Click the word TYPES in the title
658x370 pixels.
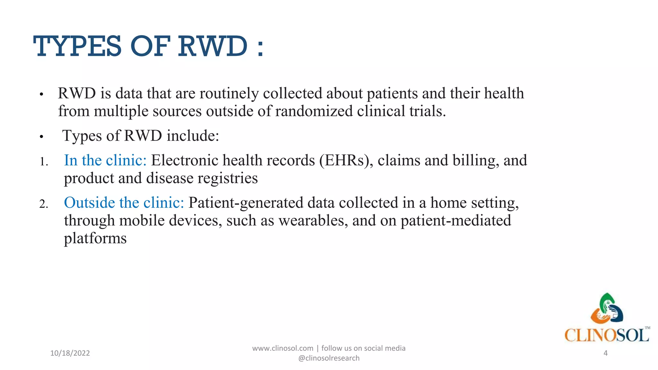pos(77,47)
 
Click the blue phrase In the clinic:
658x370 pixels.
pos(105,160)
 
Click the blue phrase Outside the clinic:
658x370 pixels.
pos(124,203)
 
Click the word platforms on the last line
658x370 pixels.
pos(95,238)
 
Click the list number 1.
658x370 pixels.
pos(43,162)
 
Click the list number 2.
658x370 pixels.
pos(43,204)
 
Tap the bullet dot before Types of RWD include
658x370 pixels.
pos(41,137)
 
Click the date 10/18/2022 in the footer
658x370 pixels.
pos(70,353)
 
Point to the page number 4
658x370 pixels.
pos(605,353)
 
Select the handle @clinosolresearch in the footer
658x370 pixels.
pos(329,358)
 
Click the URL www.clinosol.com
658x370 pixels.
pos(282,348)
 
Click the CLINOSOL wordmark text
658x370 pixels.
pos(607,335)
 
